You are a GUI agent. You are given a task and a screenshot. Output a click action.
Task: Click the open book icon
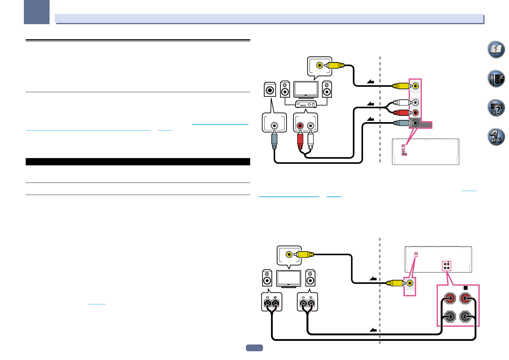pyautogui.click(x=496, y=49)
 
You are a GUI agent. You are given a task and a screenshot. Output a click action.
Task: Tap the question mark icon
pyautogui.click(x=496, y=108)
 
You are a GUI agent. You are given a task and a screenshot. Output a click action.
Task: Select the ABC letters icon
pyautogui.click(x=496, y=137)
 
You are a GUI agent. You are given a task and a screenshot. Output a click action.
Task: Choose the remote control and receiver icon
pyautogui.click(x=496, y=79)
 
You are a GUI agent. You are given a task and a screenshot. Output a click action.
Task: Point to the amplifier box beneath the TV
pyautogui.click(x=306, y=104)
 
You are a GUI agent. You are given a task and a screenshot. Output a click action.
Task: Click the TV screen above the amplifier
pyautogui.click(x=306, y=89)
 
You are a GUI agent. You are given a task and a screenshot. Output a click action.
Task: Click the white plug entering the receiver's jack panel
pyautogui.click(x=402, y=103)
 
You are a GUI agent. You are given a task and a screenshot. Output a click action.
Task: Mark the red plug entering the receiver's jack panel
pyautogui.click(x=402, y=113)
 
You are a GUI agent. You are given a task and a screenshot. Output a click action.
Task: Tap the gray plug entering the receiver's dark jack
pyautogui.click(x=402, y=123)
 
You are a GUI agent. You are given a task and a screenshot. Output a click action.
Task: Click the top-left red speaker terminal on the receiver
pyautogui.click(x=450, y=299)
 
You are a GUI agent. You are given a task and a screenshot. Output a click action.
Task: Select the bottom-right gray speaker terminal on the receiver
pyautogui.click(x=465, y=317)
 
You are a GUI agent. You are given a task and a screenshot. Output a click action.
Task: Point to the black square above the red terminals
pyautogui.click(x=465, y=288)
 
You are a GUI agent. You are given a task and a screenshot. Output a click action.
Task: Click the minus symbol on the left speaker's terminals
pyautogui.click(x=267, y=297)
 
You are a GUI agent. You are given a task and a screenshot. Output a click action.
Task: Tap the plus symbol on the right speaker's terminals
pyautogui.click(x=311, y=297)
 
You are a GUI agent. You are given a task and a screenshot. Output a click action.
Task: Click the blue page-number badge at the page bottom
pyautogui.click(x=254, y=348)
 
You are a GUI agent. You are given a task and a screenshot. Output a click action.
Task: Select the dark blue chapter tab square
pyautogui.click(x=37, y=12)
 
